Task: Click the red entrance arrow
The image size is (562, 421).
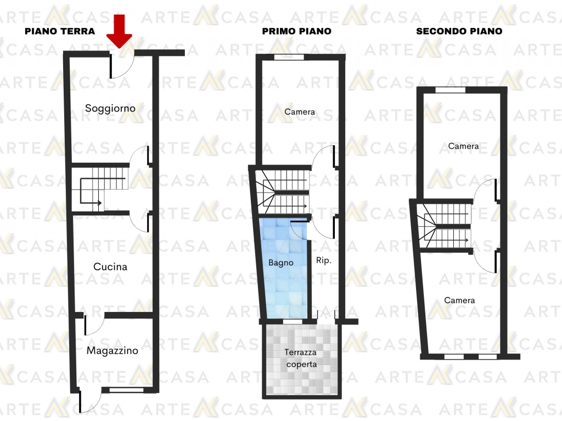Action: click(x=119, y=31)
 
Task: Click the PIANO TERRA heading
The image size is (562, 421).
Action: click(x=60, y=31)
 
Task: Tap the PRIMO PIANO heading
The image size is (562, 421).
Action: click(x=297, y=31)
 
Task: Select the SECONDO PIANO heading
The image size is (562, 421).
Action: click(x=459, y=31)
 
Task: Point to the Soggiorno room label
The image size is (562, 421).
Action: click(x=110, y=108)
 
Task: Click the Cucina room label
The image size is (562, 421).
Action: click(x=110, y=267)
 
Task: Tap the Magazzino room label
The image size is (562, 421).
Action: click(x=112, y=350)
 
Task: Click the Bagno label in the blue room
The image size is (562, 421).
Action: click(x=281, y=263)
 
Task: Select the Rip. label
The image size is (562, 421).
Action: click(x=324, y=260)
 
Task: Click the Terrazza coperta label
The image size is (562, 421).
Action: click(x=301, y=359)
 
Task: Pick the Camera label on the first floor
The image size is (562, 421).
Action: click(x=300, y=112)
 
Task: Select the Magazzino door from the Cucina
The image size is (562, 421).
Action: click(x=94, y=325)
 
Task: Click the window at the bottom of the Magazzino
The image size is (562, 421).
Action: click(x=126, y=390)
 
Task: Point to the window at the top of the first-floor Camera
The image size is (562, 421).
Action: click(x=289, y=57)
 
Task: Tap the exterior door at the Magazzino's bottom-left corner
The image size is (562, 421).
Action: click(x=90, y=401)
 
